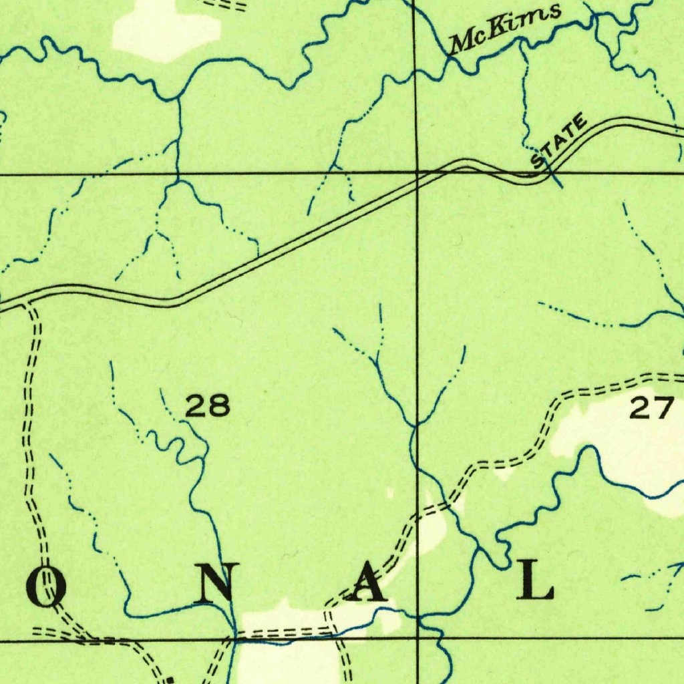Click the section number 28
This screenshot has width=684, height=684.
[x=207, y=405]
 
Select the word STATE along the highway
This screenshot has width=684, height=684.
[x=559, y=142]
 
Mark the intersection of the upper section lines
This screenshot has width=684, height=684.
[x=417, y=172]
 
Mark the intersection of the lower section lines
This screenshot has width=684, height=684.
[x=418, y=639]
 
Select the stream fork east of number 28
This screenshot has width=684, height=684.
[x=415, y=424]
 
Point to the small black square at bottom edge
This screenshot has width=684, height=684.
[x=170, y=680]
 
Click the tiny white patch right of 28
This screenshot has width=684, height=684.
[x=390, y=493]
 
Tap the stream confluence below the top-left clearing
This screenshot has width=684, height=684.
[x=178, y=99]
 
